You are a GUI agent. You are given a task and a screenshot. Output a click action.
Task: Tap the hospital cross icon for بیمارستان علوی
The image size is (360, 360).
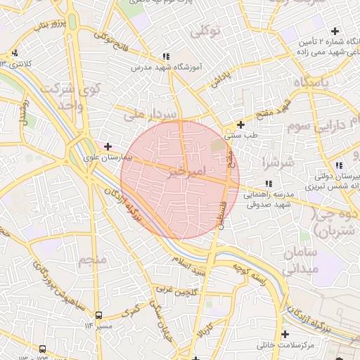click(x=108, y=146)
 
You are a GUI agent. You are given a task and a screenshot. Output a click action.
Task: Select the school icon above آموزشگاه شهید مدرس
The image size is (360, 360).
click(x=166, y=56)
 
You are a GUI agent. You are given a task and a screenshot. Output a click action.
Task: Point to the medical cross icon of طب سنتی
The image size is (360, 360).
click(x=240, y=124)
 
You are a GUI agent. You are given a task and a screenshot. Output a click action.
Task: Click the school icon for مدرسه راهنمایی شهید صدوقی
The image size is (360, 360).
click(x=269, y=184)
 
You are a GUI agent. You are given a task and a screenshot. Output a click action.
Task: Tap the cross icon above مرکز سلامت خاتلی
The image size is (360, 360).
click(x=285, y=334)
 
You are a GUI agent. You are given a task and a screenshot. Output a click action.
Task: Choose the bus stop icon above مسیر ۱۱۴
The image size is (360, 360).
click(x=98, y=315)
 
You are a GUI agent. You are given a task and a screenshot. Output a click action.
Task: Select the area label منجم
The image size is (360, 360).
click(x=94, y=261)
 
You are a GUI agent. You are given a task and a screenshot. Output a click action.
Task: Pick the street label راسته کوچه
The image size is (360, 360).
click(x=252, y=274)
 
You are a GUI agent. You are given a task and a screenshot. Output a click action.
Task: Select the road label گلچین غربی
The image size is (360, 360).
click(x=174, y=291)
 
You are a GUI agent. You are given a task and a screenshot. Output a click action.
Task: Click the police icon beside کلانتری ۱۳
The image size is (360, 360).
click(x=15, y=53)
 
